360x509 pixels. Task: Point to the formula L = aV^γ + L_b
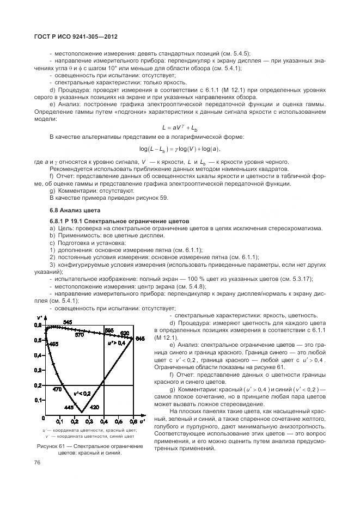179,127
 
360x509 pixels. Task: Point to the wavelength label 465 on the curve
53,344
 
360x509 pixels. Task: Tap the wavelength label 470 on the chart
57,389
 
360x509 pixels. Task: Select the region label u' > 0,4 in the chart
116,344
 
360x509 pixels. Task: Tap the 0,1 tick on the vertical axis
39,400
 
